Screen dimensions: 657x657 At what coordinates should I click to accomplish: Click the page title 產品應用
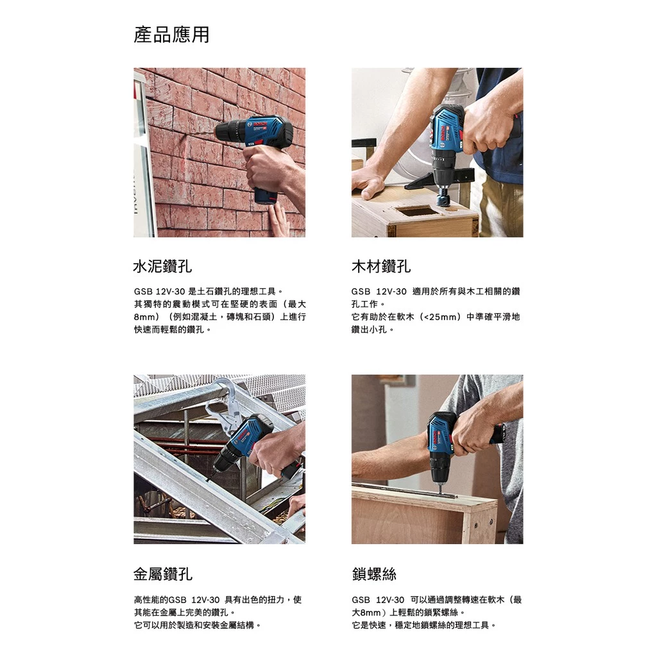[171, 35]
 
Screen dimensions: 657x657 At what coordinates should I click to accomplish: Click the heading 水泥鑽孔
[162, 266]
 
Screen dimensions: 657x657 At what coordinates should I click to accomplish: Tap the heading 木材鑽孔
[381, 266]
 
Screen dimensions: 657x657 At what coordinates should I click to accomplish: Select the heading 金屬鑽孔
[163, 574]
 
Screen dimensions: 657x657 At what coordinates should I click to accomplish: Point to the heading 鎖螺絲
[374, 574]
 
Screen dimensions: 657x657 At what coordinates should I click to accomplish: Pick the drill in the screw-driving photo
[443, 443]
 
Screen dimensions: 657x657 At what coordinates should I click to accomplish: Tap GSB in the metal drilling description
[176, 600]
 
